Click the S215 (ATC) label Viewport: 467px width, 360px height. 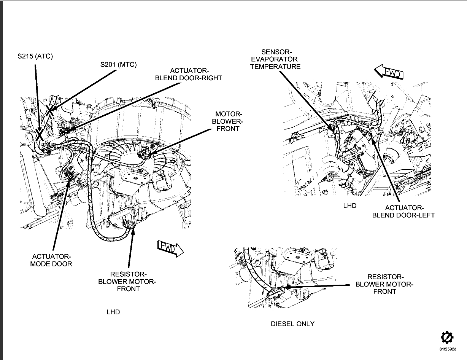pos(35,56)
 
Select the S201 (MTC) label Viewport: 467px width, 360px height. pos(118,65)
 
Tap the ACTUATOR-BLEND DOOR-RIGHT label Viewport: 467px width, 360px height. pos(189,74)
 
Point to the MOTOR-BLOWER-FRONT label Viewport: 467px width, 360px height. pos(228,121)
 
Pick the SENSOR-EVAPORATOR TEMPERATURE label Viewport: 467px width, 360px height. pos(276,59)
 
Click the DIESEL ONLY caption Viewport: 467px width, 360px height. pos(292,324)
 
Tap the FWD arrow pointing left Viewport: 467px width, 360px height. pos(389,72)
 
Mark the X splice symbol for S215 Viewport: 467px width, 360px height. pos(39,134)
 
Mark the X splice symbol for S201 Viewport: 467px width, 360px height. pos(50,110)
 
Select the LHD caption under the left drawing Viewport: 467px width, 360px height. pos(113,312)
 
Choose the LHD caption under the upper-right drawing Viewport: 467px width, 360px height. pos(349,205)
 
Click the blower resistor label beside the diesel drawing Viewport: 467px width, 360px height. pos(384,284)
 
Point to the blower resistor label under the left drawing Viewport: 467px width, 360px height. pos(127,282)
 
